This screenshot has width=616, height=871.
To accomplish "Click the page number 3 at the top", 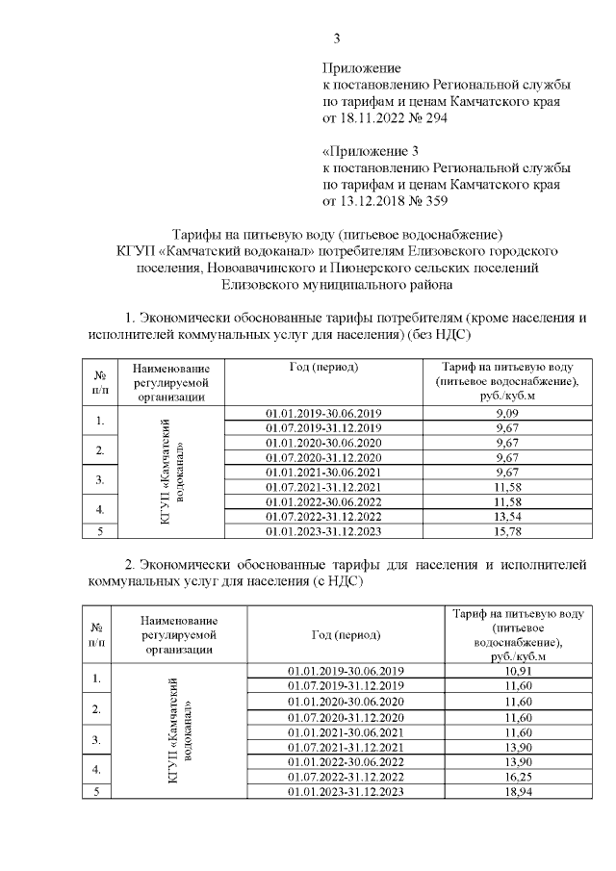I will click(337, 38).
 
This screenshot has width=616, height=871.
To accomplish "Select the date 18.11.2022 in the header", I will click(376, 118).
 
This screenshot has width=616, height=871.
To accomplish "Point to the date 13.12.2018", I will click(376, 200).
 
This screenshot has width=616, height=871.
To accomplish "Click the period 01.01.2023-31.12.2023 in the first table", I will click(324, 530).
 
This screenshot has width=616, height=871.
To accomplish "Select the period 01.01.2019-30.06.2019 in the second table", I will click(346, 670).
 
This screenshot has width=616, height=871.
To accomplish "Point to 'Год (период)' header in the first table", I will click(324, 369).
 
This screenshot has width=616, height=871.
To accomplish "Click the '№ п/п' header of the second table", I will click(96, 635).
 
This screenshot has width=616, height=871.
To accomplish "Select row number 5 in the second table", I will click(96, 791).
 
